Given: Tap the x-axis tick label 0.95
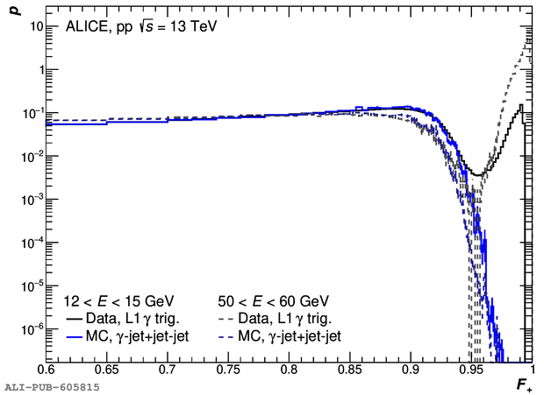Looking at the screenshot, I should (x=467, y=371).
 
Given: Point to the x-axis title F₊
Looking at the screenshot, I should (x=524, y=384).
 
